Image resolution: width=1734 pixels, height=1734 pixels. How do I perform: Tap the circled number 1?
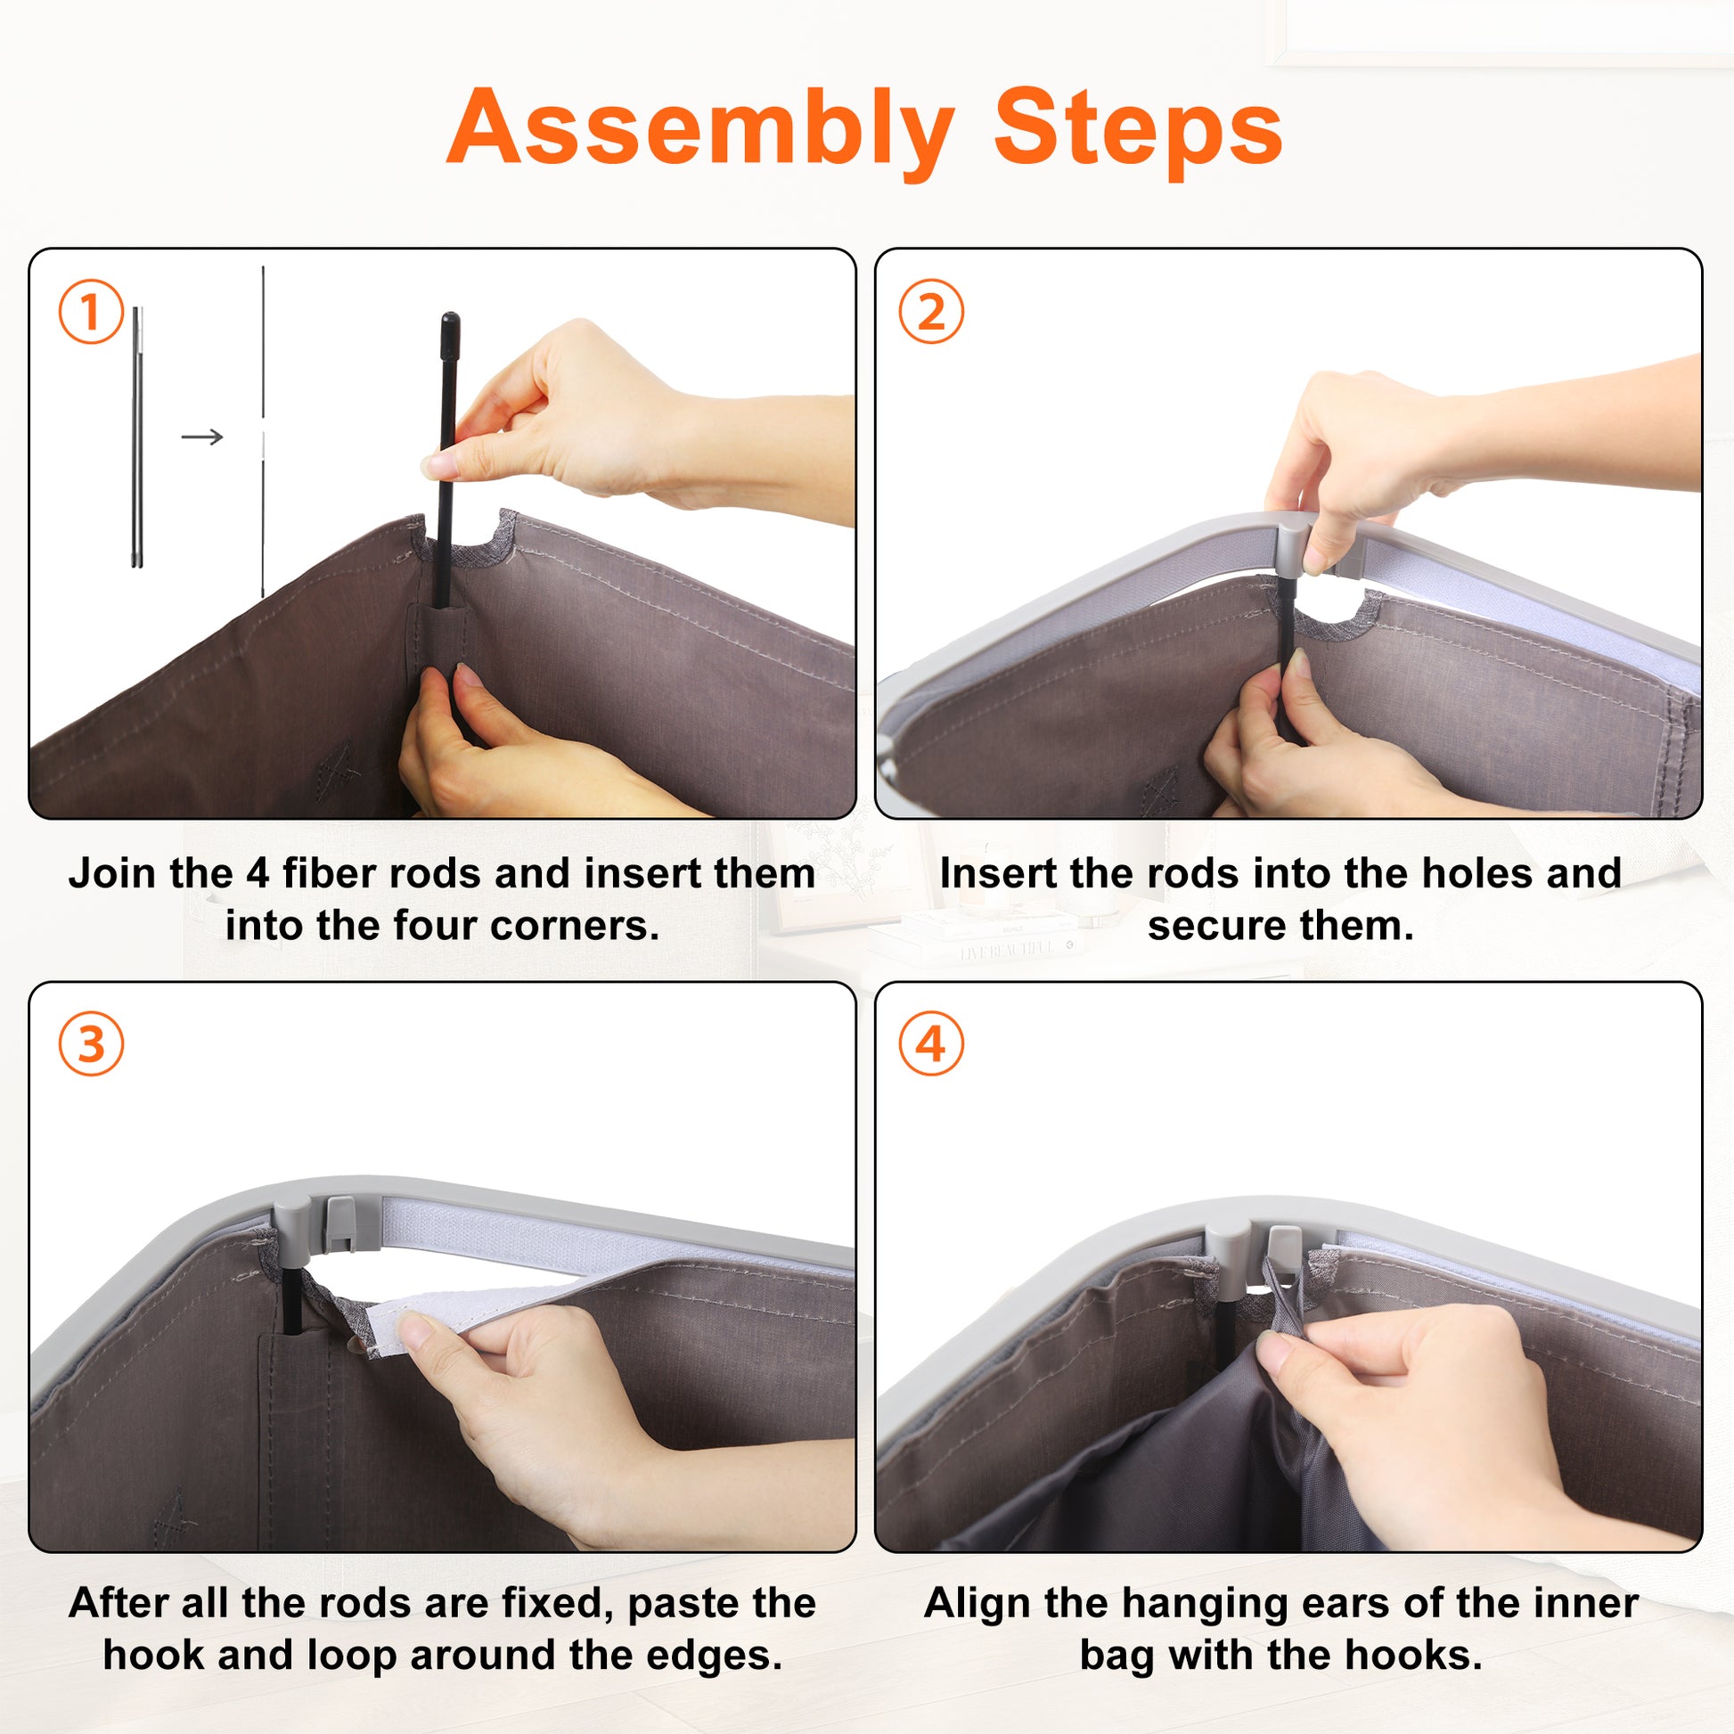pos(91,312)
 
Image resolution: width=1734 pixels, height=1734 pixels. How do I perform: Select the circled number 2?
pos(931,312)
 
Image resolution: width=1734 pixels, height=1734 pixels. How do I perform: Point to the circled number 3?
pos(91,1043)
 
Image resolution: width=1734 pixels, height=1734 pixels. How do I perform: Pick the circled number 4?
pos(931,1043)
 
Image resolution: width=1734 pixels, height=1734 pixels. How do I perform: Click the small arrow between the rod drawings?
pos(202,438)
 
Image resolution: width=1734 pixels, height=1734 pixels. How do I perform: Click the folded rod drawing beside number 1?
pos(137,438)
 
